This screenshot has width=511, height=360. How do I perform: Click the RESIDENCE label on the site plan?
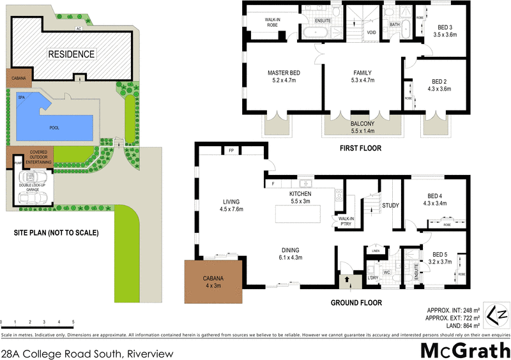[x=72, y=54]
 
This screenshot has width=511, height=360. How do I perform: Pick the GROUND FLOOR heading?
[x=356, y=303]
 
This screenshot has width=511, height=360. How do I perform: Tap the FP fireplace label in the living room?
[x=231, y=151]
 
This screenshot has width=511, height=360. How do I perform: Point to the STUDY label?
[x=390, y=206]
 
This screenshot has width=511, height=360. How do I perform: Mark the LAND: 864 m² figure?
[x=453, y=326]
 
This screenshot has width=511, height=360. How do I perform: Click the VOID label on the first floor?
[x=370, y=32]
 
